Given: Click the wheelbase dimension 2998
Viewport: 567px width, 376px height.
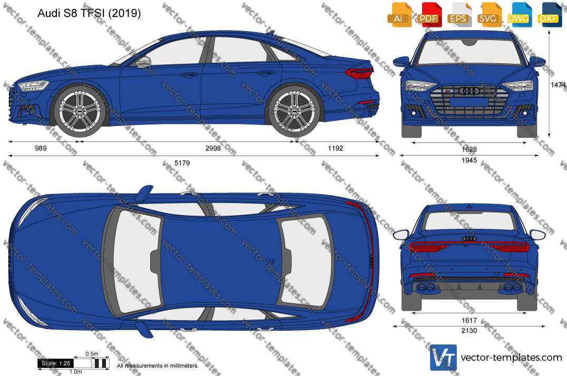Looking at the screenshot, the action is click(x=213, y=148).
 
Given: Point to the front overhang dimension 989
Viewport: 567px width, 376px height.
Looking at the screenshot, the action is click(x=41, y=148).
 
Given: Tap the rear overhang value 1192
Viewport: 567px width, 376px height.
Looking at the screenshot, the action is click(x=336, y=148).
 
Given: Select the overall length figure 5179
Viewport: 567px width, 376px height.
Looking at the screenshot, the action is click(x=182, y=163).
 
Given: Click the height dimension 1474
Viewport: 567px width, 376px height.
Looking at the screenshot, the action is click(x=559, y=85).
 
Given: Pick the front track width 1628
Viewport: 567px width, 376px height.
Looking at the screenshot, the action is click(x=469, y=150).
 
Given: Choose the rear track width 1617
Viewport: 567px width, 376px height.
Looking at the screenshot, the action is click(x=469, y=320).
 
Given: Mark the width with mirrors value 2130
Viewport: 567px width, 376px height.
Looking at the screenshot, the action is click(x=469, y=330).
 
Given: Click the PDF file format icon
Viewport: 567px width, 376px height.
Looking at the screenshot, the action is click(x=428, y=15).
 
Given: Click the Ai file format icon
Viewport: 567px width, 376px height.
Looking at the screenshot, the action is click(x=398, y=15).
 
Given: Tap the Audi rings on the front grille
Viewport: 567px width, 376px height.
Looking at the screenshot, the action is click(x=469, y=91).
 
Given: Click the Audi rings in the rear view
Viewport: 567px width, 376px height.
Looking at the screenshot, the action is click(x=470, y=239).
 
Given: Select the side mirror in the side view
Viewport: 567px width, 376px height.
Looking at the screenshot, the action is click(x=143, y=62).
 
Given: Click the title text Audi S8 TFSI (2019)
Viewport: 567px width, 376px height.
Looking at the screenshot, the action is click(x=89, y=13).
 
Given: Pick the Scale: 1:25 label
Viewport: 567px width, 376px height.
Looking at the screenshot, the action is click(x=56, y=363).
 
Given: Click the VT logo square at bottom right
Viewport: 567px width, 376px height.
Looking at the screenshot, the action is click(x=443, y=358).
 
